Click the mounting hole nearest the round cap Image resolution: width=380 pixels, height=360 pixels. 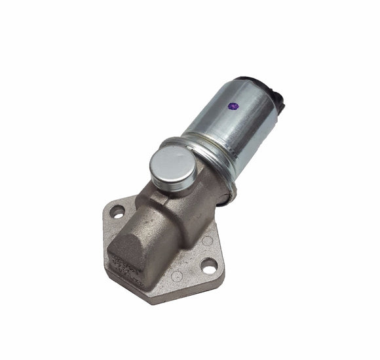tap(117, 212)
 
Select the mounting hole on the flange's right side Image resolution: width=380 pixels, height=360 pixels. tap(208, 266)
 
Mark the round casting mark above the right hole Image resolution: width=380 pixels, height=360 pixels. tap(208, 241)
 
